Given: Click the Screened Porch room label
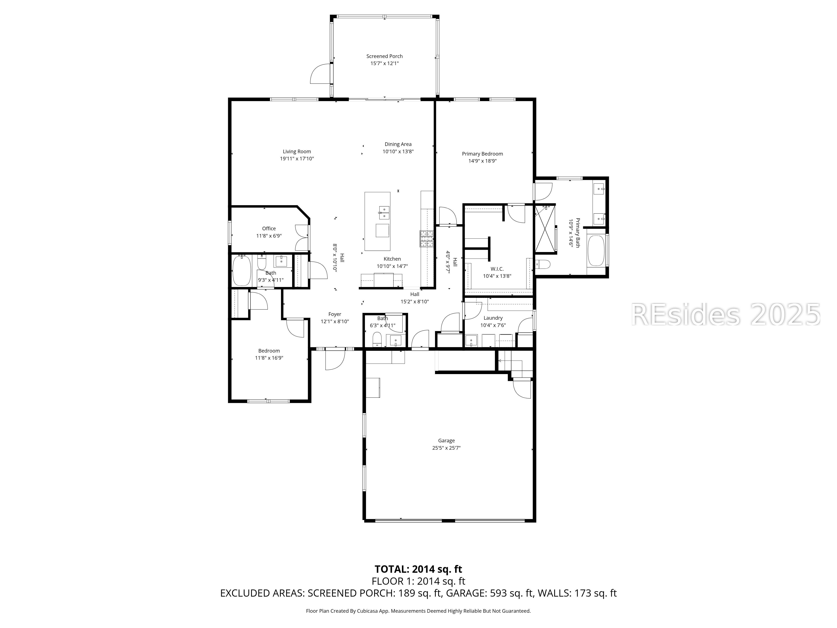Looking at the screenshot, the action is pyautogui.click(x=384, y=56).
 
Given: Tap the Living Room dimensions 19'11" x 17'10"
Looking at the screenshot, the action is pyautogui.click(x=297, y=159).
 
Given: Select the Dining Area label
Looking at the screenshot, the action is pyautogui.click(x=398, y=144).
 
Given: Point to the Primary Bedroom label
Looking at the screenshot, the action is pyautogui.click(x=483, y=154).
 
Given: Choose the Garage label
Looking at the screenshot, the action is pyautogui.click(x=447, y=441).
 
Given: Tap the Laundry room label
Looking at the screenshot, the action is pyautogui.click(x=493, y=318).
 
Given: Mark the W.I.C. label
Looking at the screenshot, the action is pyautogui.click(x=497, y=269).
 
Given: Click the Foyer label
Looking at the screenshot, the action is pyautogui.click(x=335, y=314).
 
